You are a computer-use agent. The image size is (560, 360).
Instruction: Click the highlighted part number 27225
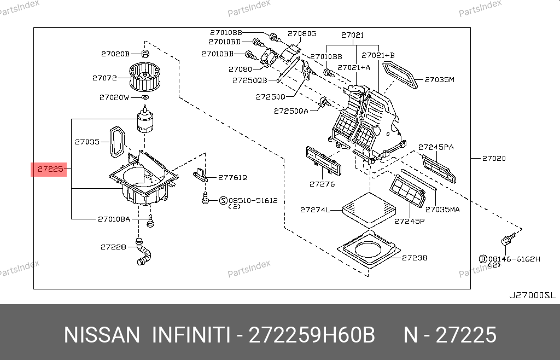pos(50,170)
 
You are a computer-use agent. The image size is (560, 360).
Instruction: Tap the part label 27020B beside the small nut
pos(115,54)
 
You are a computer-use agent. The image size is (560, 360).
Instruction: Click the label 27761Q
pos(232,177)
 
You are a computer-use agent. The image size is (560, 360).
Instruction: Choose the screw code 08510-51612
pos(253,200)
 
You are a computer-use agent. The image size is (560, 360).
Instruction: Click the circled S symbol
pos(223,201)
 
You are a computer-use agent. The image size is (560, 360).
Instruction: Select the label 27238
pos(415,258)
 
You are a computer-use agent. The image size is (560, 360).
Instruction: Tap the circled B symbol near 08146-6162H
pos(483,258)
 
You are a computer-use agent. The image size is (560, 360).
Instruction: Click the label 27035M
pos(440,80)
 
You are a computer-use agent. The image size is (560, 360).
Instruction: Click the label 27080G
pos(302,33)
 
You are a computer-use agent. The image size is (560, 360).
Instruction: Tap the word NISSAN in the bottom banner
pos(102,335)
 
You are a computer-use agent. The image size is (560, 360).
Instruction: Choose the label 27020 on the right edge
pos(494,159)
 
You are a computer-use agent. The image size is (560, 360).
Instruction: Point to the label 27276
pos(322,184)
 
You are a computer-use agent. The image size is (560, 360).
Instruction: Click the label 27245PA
pos(436,147)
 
